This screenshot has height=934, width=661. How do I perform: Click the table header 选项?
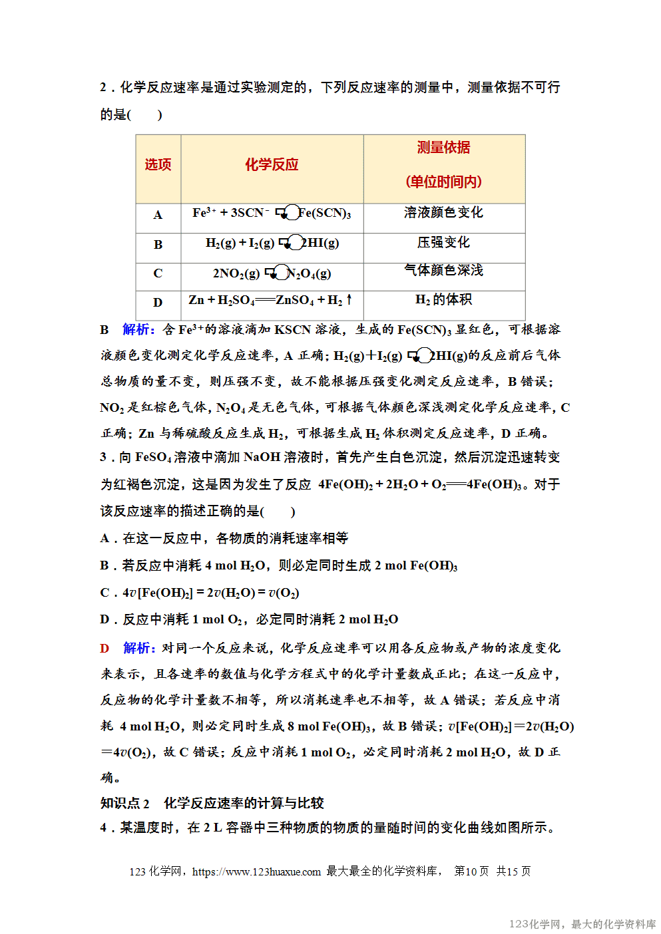[158, 165]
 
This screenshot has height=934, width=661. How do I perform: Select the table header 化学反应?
[272, 165]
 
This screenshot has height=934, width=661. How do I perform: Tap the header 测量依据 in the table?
[443, 148]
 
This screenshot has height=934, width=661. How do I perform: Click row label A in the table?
[158, 215]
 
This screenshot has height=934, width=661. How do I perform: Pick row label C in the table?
[158, 273]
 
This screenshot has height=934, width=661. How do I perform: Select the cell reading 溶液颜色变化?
[443, 213]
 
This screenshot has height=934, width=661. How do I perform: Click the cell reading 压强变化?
[443, 243]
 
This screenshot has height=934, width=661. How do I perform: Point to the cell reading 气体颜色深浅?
[443, 271]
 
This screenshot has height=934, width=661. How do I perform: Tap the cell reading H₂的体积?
[443, 300]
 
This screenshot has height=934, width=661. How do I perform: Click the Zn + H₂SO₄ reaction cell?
[270, 301]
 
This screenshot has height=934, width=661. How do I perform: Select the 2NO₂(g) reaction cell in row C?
[272, 273]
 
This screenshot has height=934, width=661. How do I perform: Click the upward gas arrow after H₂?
[349, 300]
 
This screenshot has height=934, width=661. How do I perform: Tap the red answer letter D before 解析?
[105, 649]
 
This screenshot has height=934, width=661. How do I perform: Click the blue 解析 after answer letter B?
[138, 329]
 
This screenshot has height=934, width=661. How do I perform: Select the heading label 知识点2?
[125, 804]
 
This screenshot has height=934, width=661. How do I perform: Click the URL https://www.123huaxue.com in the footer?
[256, 872]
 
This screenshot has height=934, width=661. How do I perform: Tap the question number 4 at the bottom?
[104, 828]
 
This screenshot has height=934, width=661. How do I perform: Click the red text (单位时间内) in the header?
[443, 182]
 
